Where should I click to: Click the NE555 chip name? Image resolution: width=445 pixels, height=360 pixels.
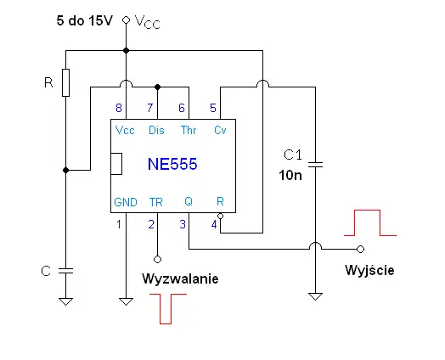[x=173, y=165]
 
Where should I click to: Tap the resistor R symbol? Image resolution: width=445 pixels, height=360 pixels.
[x=65, y=83]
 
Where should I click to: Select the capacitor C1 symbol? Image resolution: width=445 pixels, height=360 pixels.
[x=316, y=163]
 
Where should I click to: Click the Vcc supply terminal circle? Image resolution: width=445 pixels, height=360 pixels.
[x=127, y=19]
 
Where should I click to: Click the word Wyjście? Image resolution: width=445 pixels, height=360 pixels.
[x=369, y=270]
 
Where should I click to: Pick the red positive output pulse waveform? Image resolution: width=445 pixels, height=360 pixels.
[x=369, y=222]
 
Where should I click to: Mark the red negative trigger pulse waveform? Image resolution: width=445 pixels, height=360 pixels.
[x=166, y=307]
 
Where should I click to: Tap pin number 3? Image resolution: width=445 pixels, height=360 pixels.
[x=181, y=224]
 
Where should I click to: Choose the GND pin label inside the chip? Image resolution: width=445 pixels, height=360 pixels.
[x=125, y=202]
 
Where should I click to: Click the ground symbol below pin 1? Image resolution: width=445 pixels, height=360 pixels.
[x=126, y=300]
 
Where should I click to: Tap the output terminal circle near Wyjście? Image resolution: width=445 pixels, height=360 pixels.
[x=360, y=249]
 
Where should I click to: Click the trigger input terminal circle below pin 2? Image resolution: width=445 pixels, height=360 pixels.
[x=157, y=257]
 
